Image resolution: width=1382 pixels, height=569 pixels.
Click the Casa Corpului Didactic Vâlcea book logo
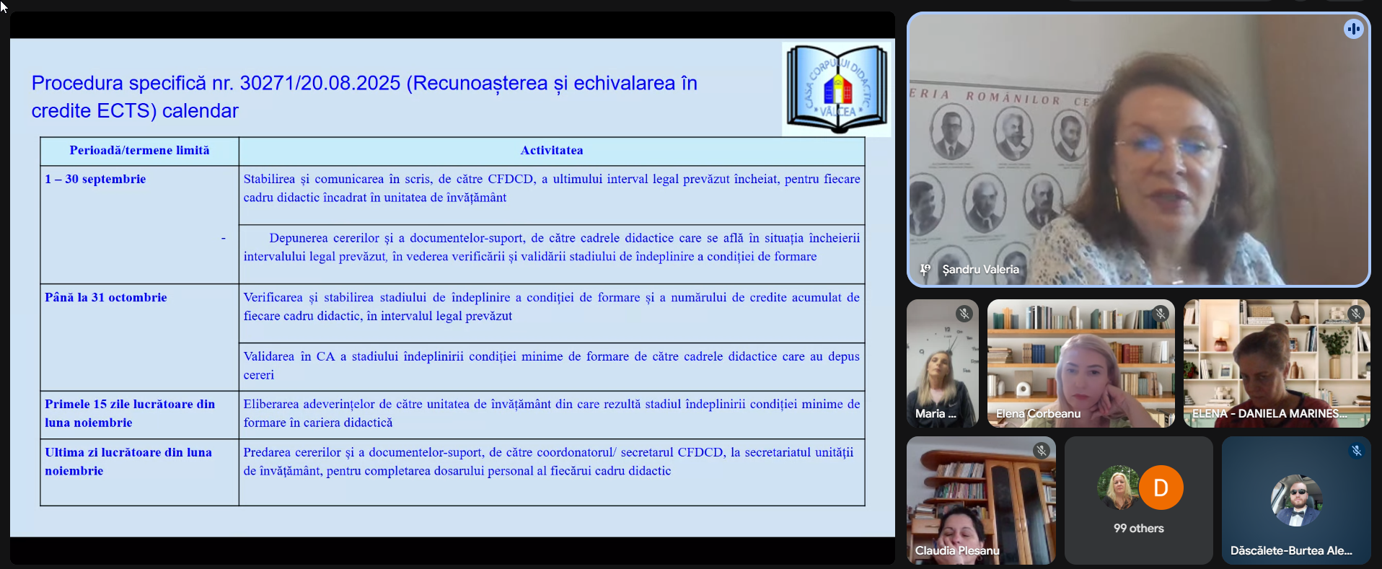pos(837,89)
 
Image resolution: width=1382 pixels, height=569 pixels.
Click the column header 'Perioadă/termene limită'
pos(139,150)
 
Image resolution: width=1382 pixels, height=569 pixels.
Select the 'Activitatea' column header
pos(552,150)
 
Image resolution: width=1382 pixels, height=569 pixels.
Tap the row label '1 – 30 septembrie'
pos(95,179)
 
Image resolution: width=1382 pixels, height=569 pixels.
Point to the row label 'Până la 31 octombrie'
pos(105,297)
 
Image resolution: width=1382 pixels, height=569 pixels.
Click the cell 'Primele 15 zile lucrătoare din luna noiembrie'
pos(130,413)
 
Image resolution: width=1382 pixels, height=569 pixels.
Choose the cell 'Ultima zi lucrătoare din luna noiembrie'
pos(128,462)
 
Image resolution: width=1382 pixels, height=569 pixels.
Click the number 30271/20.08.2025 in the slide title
pos(320,83)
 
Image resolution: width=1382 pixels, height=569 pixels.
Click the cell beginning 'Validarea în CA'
pos(551,366)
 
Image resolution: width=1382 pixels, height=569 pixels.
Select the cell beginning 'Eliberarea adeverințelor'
pos(551,413)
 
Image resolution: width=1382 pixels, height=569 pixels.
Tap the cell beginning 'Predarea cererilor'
pos(548,462)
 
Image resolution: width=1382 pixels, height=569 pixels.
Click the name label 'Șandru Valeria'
pos(980,269)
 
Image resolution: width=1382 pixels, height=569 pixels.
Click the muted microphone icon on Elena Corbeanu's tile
pos(1160,314)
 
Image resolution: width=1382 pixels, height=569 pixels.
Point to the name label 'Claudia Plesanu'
pos(957,550)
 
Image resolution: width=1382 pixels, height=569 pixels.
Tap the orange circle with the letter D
pos(1161,488)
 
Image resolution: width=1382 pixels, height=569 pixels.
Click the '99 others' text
pos(1138,528)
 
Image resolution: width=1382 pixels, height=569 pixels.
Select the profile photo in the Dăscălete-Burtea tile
pos(1296,500)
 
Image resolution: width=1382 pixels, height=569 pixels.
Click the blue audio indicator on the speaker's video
pos(1353,29)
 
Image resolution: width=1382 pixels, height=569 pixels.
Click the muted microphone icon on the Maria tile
pos(964,314)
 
